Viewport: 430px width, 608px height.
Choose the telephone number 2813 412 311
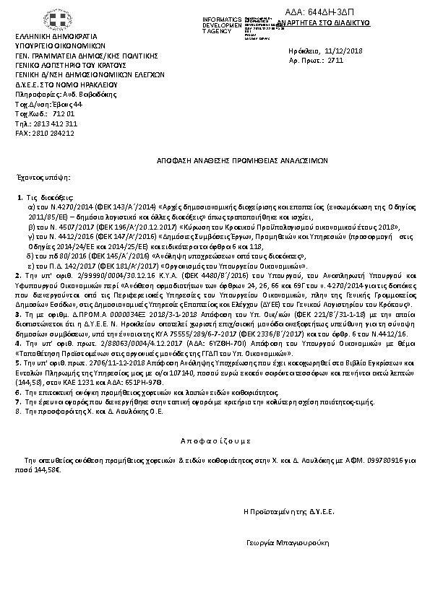(56, 123)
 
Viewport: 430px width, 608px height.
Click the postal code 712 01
(64, 114)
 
